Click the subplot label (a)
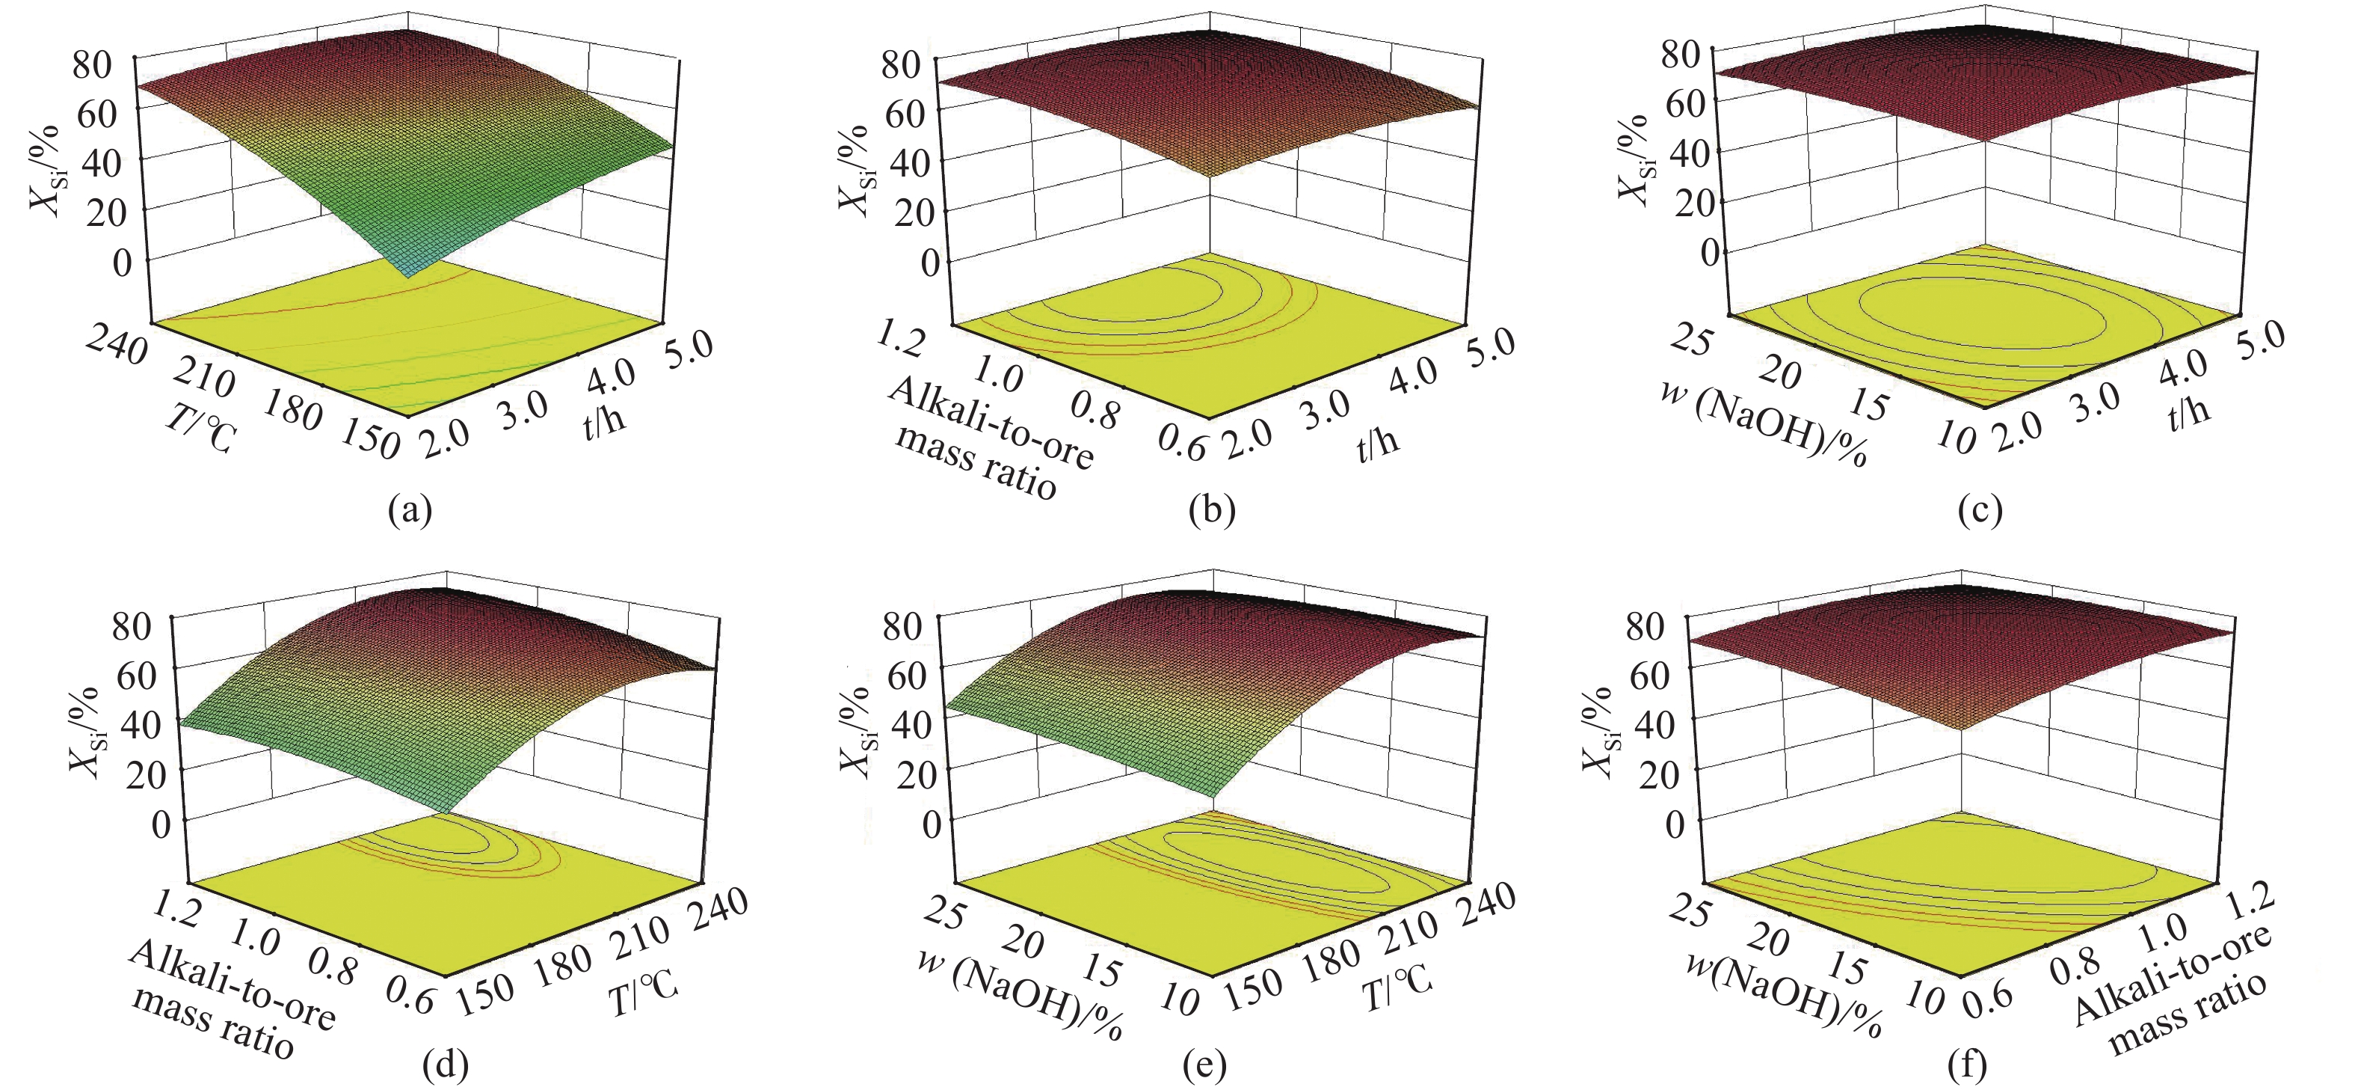click(x=409, y=509)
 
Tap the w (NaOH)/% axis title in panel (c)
click(x=1764, y=425)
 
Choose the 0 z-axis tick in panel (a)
click(x=122, y=263)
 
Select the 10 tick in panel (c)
click(x=1956, y=440)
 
